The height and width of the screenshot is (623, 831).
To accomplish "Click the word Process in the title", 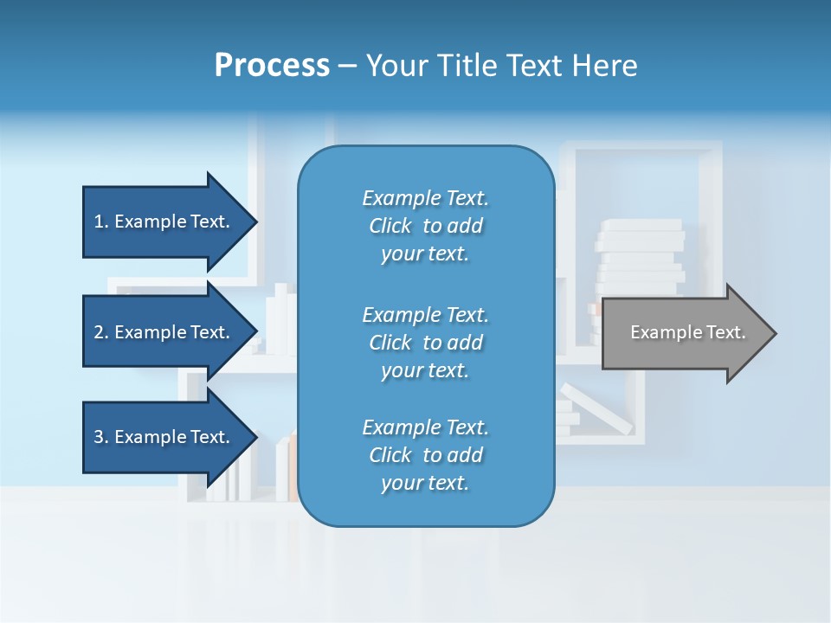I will tap(272, 65).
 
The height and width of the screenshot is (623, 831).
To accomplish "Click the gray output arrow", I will tap(684, 332).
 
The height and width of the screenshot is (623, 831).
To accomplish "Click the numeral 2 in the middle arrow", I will tap(99, 332).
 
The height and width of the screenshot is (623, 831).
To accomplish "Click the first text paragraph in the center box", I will tap(425, 226).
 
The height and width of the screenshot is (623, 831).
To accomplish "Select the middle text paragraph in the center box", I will tap(425, 343).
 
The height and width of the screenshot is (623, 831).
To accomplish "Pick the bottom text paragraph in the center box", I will tap(425, 455).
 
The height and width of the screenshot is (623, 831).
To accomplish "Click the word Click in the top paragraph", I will tap(390, 226).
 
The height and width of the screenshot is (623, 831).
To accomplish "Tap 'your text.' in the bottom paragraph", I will tap(425, 483).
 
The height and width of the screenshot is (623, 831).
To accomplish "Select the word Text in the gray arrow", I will tap(725, 332).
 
